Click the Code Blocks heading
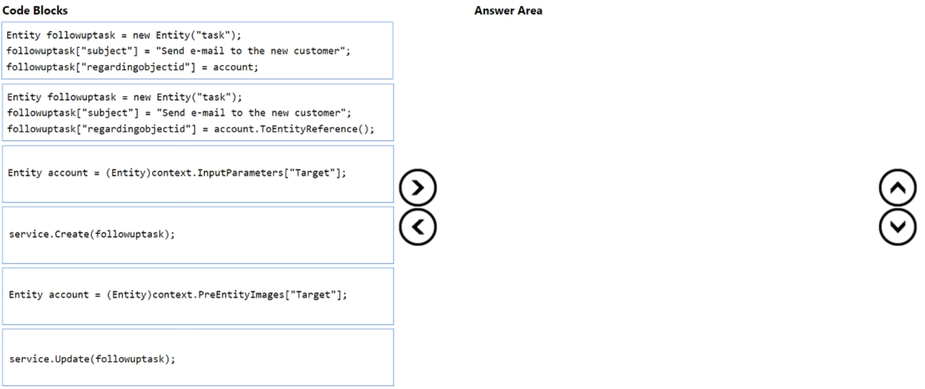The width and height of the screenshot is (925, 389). (x=35, y=11)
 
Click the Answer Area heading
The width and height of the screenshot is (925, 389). (x=508, y=11)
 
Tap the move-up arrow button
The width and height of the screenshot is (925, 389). (x=898, y=188)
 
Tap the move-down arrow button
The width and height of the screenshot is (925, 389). (x=898, y=227)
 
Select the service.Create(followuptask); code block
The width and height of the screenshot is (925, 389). (x=197, y=234)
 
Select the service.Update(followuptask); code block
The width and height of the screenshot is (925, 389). (x=197, y=358)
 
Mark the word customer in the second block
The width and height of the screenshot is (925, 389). (x=325, y=113)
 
